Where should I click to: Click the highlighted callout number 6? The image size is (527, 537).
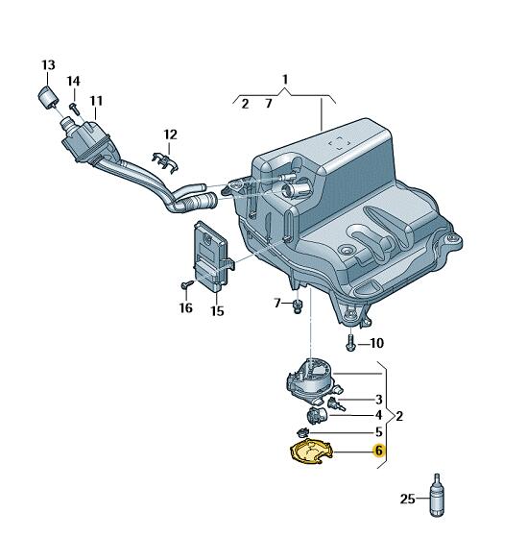tap(378, 451)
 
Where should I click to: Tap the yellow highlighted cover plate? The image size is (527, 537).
tap(311, 452)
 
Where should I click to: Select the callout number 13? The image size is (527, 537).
tap(48, 65)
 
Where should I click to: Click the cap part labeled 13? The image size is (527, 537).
tap(47, 98)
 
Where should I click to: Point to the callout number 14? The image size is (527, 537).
tap(73, 81)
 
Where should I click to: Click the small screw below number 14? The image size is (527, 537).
tap(75, 109)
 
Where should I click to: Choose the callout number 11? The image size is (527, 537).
tap(96, 101)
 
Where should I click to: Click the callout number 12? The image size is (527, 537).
tap(170, 134)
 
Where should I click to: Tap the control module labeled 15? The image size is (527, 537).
tap(212, 256)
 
